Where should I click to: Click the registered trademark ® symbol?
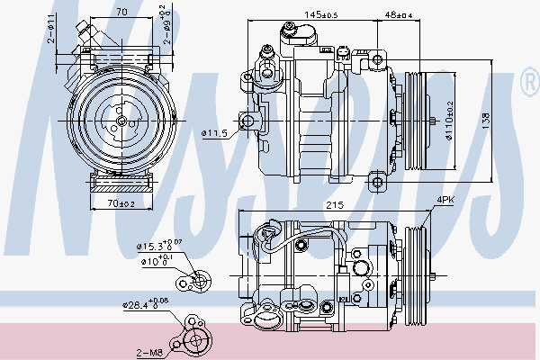click(528, 85)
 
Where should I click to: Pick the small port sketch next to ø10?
click(196, 283)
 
